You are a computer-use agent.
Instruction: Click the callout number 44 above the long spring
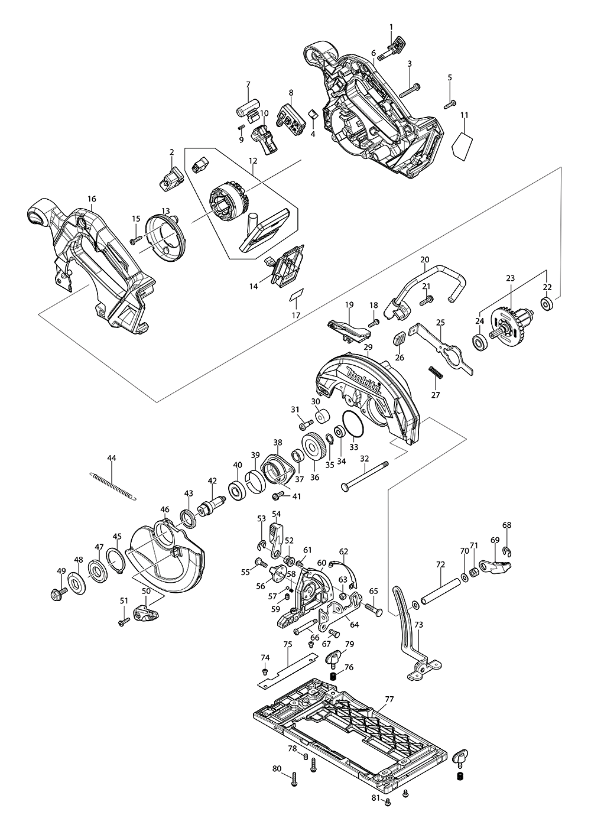coord(112,458)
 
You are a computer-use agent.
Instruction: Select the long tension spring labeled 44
coord(115,485)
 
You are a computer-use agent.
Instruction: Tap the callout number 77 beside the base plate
coord(388,699)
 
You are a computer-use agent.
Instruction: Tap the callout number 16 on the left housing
coord(92,199)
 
